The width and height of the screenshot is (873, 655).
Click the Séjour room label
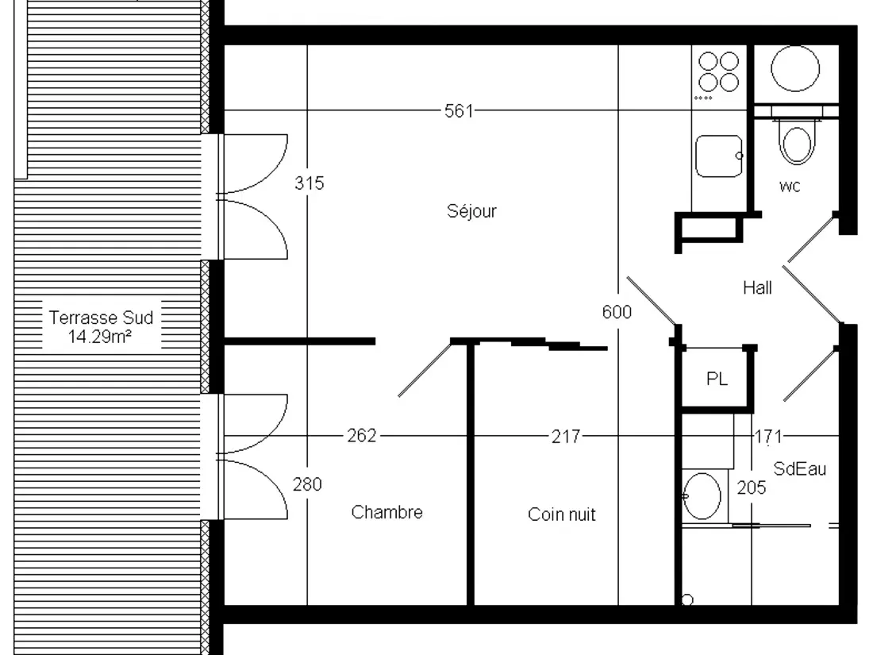[471, 212]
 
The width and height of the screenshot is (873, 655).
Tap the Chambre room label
[387, 512]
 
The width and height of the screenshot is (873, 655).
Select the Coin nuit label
[561, 514]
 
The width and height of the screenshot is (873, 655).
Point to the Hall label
[757, 288]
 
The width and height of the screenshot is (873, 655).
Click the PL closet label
[717, 380]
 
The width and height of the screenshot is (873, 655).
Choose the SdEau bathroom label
[799, 469]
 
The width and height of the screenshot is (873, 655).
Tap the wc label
[790, 186]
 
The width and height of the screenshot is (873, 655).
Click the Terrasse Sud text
[101, 318]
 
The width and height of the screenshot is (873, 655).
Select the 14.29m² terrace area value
[100, 337]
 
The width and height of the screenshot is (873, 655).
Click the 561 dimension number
[459, 111]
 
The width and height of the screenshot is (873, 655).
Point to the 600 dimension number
[617, 312]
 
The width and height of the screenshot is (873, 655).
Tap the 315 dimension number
[309, 183]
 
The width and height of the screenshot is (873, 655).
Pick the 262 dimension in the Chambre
[362, 436]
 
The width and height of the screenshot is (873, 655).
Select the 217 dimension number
[566, 436]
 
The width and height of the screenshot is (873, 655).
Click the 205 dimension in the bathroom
[752, 488]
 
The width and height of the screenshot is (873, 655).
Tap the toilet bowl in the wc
[796, 144]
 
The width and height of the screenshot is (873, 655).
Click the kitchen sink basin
[719, 156]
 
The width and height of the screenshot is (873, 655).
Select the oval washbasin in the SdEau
[702, 495]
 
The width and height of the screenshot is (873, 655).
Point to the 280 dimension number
[307, 484]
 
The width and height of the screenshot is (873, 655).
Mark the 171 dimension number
[768, 436]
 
